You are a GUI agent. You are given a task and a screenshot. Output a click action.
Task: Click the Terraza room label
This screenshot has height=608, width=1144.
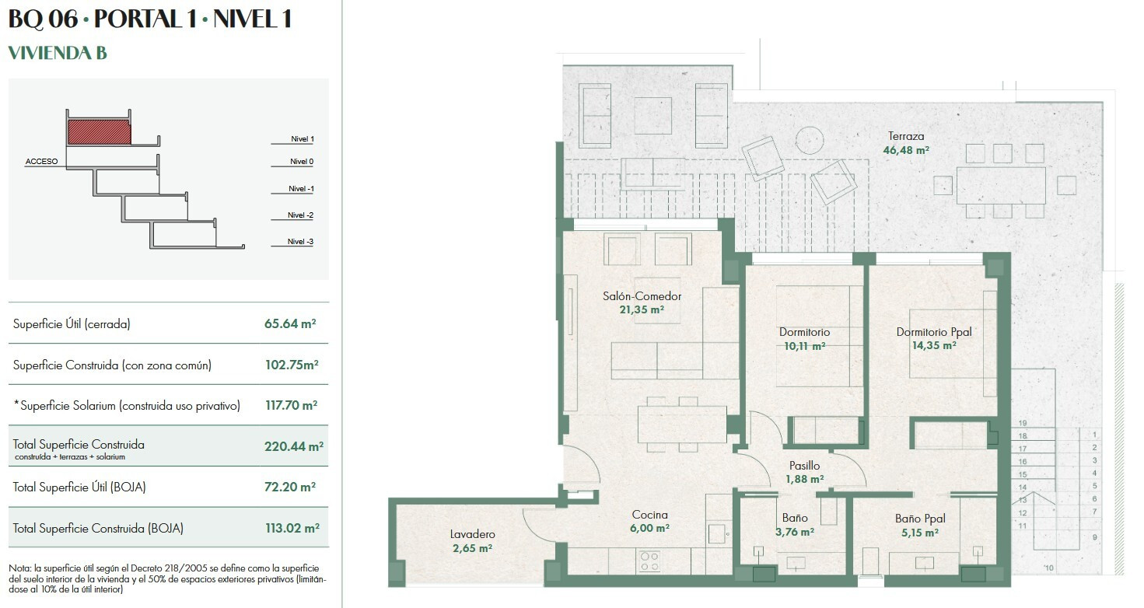tap(905, 136)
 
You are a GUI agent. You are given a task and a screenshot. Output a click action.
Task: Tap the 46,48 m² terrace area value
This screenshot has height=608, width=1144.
tap(906, 150)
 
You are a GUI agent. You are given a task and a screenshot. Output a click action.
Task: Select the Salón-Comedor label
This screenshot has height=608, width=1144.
tap(642, 296)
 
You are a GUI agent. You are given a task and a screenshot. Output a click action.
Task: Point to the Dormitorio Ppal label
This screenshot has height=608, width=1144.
tap(934, 332)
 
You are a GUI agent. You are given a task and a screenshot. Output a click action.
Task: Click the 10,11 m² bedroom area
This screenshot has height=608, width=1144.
tap(804, 346)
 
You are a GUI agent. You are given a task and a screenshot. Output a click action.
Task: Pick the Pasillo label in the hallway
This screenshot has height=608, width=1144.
tap(804, 466)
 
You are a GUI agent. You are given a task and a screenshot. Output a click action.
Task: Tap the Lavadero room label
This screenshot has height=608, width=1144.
tap(472, 534)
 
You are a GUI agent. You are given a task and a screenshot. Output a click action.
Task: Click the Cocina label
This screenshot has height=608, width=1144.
tap(649, 515)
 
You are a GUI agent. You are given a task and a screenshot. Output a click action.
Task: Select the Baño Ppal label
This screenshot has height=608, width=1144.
tap(920, 519)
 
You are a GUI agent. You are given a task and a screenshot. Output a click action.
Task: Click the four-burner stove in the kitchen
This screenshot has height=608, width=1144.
tap(649, 561)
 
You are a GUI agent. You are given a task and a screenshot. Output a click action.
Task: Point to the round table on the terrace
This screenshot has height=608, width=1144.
tap(810, 140)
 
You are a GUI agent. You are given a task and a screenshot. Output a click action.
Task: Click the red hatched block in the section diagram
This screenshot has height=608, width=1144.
tap(99, 132)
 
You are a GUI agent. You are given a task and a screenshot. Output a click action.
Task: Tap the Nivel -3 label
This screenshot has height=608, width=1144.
tap(300, 242)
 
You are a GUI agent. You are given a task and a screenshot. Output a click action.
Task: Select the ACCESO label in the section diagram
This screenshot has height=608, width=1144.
tap(41, 161)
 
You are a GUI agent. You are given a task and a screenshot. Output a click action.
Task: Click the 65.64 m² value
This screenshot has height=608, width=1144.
tap(290, 323)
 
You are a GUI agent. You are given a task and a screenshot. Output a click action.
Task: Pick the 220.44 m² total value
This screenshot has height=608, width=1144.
tap(294, 446)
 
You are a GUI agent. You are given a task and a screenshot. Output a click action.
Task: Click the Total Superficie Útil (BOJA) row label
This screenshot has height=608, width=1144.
tap(79, 487)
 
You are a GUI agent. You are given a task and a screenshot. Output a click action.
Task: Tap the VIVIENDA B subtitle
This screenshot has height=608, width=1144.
tap(58, 53)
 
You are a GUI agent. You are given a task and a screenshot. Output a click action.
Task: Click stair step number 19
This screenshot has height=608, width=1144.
tap(1023, 423)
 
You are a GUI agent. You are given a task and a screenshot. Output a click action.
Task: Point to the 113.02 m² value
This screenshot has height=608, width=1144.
tap(292, 528)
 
